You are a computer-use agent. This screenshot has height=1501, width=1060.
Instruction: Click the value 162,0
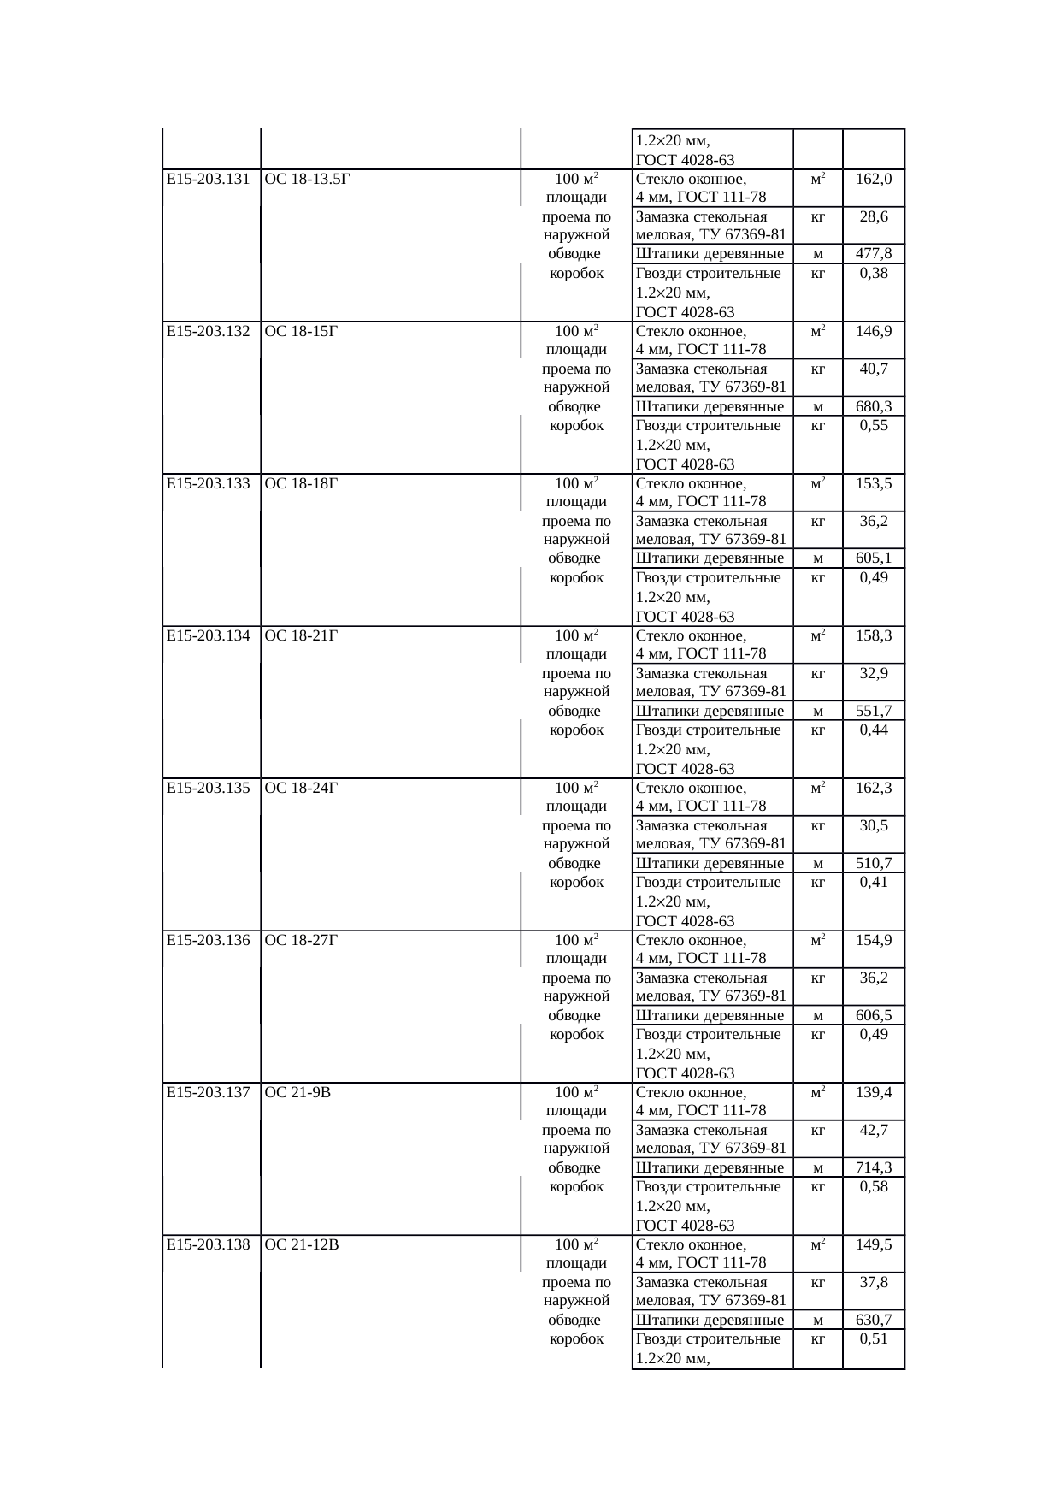[x=874, y=180]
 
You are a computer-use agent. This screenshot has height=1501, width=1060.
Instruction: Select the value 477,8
[x=874, y=254]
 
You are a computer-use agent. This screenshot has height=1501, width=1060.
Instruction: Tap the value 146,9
[x=874, y=332]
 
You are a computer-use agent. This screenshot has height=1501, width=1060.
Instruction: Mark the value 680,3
[x=874, y=407]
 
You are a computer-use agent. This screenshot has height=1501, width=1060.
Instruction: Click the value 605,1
[x=874, y=559]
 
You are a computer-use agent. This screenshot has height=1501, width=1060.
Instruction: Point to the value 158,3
[x=874, y=636]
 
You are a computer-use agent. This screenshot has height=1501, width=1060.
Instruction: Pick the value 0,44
[x=874, y=730]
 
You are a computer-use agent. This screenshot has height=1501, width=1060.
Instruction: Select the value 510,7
[x=874, y=864]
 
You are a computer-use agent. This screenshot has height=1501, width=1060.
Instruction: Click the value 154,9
[x=874, y=941]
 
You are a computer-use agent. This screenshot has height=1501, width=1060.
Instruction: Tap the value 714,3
[x=874, y=1168]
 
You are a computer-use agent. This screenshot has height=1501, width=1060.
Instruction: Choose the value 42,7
[x=874, y=1131]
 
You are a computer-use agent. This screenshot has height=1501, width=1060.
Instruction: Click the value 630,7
[x=874, y=1321]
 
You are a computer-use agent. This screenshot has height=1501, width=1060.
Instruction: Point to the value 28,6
[x=874, y=217]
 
